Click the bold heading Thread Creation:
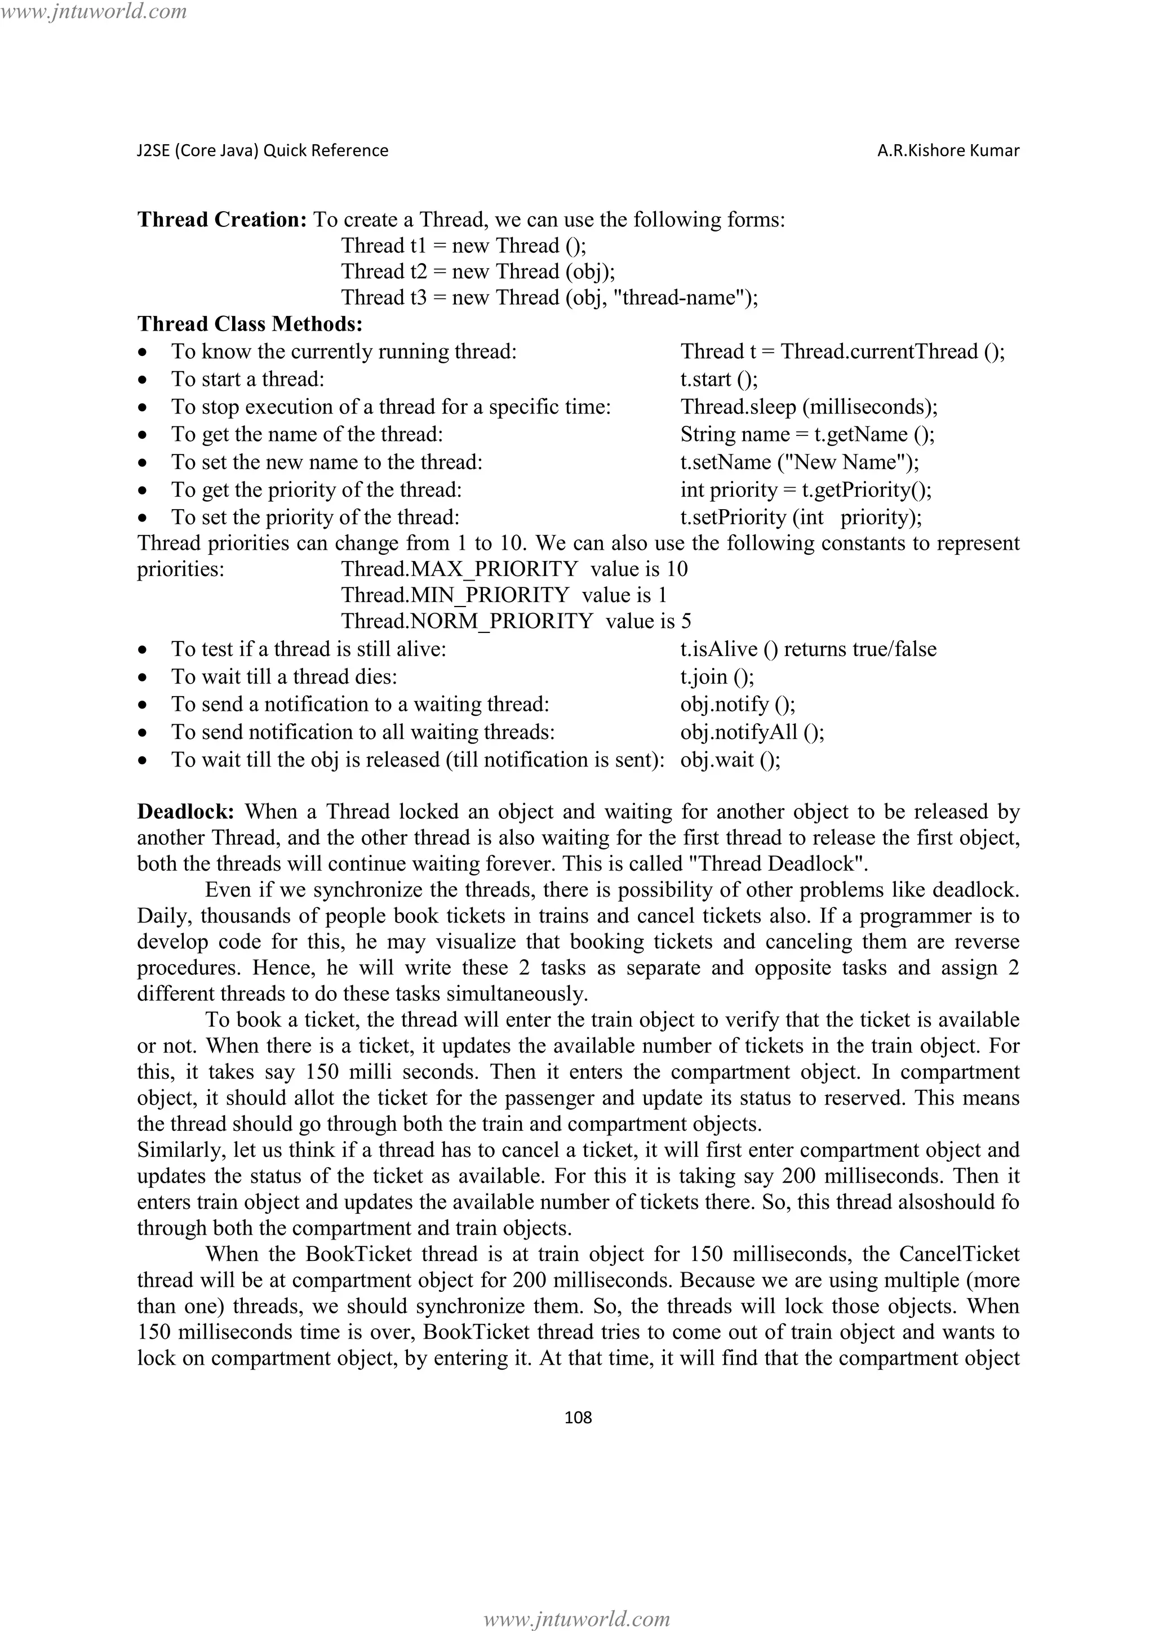[221, 220]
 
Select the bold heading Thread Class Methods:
[250, 324]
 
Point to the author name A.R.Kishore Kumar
[948, 150]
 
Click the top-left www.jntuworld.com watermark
[94, 11]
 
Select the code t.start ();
[719, 380]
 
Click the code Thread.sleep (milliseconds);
[809, 407]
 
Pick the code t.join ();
[717, 677]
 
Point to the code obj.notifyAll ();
[752, 732]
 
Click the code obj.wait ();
[730, 760]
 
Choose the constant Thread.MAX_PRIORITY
[460, 569]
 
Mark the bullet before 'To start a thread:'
[144, 381]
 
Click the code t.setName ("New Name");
[800, 462]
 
